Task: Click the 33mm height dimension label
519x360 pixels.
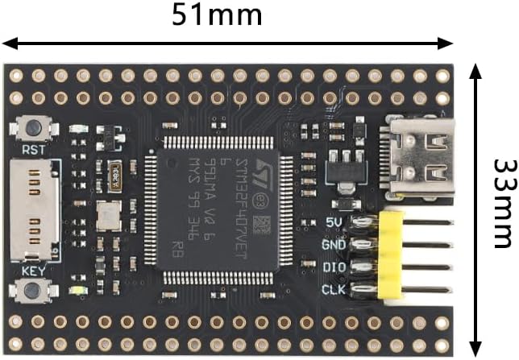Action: (x=502, y=202)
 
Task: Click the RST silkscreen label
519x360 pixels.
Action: (x=33, y=150)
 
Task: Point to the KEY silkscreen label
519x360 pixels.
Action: (x=33, y=271)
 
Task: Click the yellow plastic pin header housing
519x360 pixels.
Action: (x=390, y=255)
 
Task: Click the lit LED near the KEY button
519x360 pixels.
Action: (x=78, y=292)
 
